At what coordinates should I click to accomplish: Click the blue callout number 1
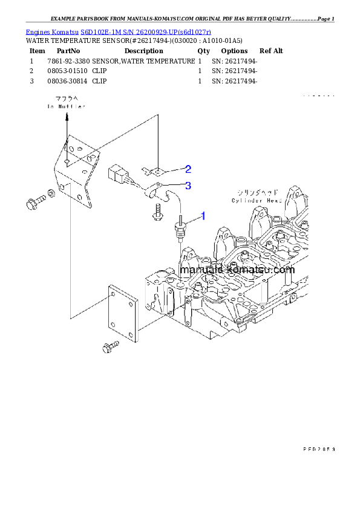click(x=203, y=215)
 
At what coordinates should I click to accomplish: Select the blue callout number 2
click(x=188, y=169)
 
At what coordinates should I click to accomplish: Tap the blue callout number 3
click(x=188, y=186)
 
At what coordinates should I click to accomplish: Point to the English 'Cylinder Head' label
click(x=257, y=200)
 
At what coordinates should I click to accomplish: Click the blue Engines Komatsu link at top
click(x=119, y=31)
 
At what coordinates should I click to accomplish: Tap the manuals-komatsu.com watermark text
click(x=237, y=270)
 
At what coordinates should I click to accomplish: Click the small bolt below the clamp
click(x=158, y=212)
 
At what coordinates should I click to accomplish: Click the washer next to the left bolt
click(x=52, y=193)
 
